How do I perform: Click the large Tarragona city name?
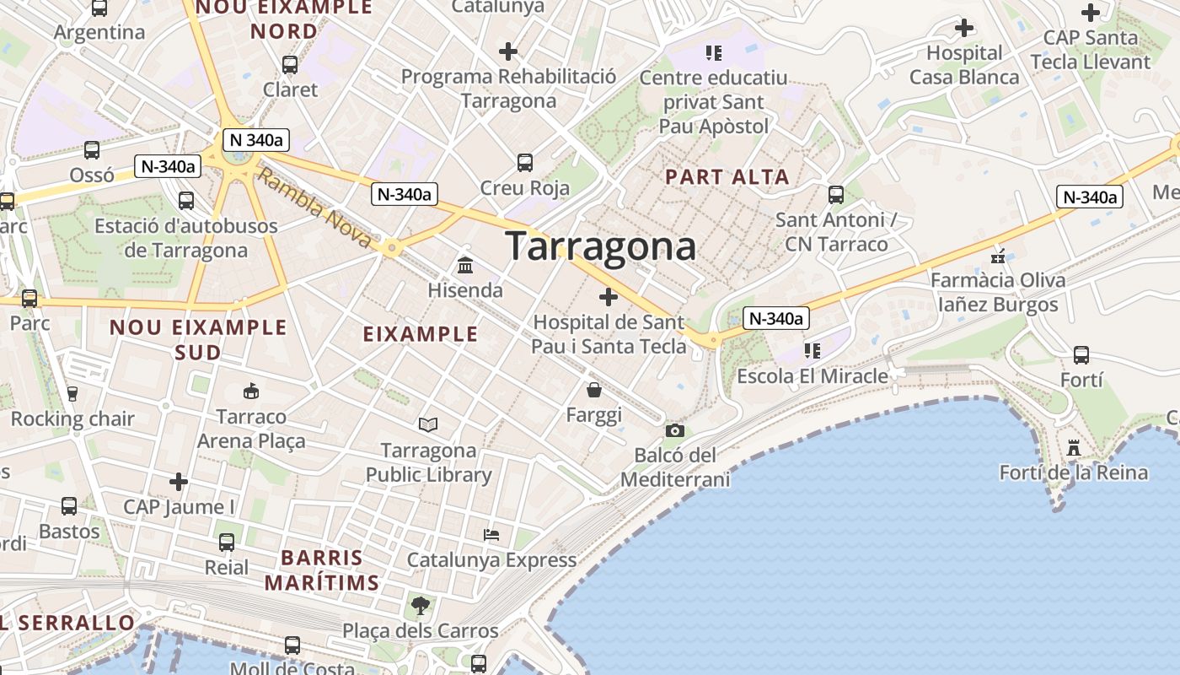pyautogui.click(x=601, y=246)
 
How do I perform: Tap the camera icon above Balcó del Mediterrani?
pyautogui.click(x=674, y=431)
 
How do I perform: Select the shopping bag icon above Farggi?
pyautogui.click(x=594, y=390)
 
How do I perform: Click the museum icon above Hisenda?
pyautogui.click(x=464, y=266)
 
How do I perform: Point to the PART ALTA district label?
pyautogui.click(x=727, y=177)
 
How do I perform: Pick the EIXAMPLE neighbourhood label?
pyautogui.click(x=421, y=334)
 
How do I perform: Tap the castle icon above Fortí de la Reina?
pyautogui.click(x=1074, y=447)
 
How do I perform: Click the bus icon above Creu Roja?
pyautogui.click(x=525, y=162)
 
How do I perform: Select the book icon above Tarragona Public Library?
pyautogui.click(x=428, y=424)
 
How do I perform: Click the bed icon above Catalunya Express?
pyautogui.click(x=491, y=535)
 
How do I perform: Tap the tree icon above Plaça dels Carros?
pyautogui.click(x=420, y=605)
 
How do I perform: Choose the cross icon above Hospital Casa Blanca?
pyautogui.click(x=964, y=28)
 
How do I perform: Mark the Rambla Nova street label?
pyautogui.click(x=314, y=208)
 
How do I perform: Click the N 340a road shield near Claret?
pyautogui.click(x=256, y=140)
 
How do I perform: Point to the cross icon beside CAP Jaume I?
pyautogui.click(x=179, y=482)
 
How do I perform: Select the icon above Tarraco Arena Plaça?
pyautogui.click(x=251, y=391)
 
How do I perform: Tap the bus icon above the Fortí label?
pyautogui.click(x=1081, y=355)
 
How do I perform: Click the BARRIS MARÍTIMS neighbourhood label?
pyautogui.click(x=322, y=570)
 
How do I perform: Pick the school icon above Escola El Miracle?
pyautogui.click(x=813, y=350)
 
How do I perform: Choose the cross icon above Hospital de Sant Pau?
pyautogui.click(x=609, y=297)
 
